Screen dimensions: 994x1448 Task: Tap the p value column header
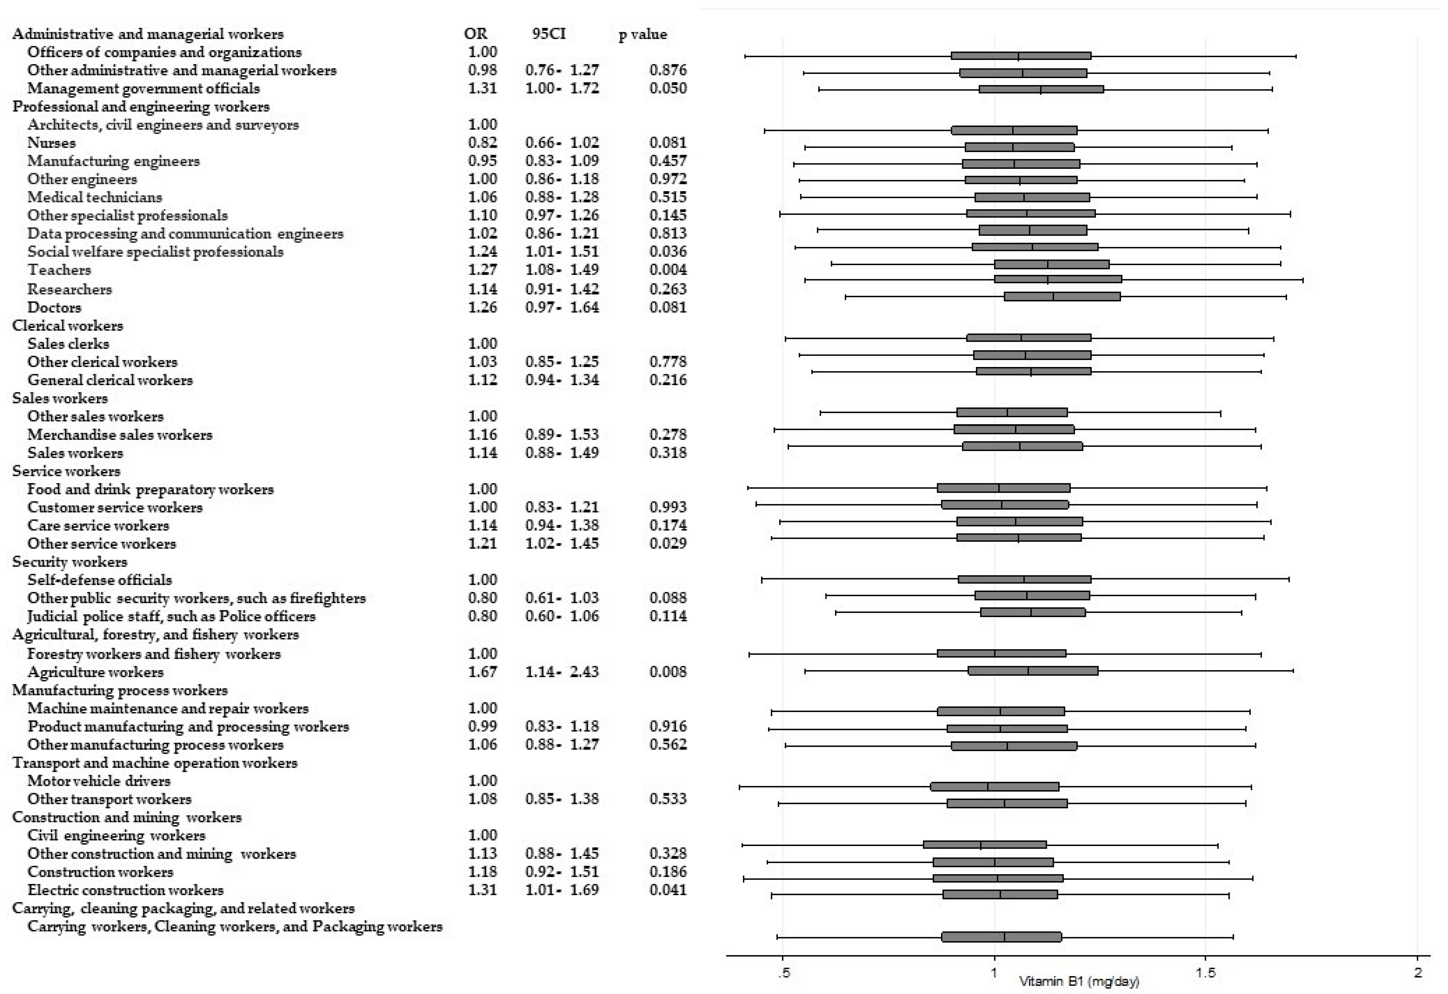coord(642,34)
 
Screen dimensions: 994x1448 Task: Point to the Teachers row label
coord(59,270)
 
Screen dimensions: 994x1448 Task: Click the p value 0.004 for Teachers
coord(668,270)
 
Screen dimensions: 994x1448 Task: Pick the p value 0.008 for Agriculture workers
coord(668,672)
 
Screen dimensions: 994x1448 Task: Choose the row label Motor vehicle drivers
coord(98,781)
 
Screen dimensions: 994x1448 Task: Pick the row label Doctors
coord(54,307)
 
